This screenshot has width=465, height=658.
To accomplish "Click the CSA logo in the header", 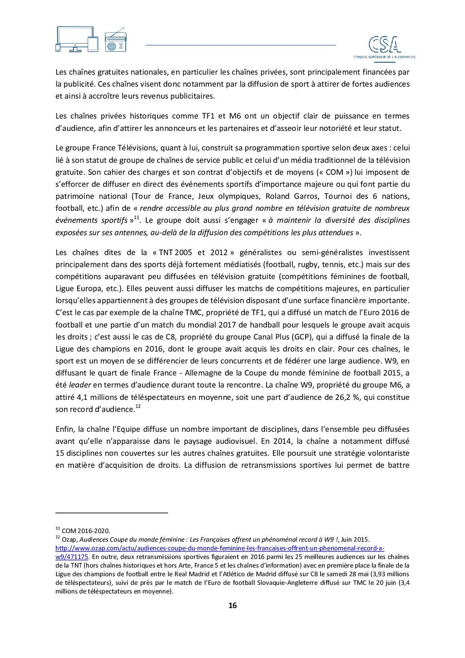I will click(x=385, y=47).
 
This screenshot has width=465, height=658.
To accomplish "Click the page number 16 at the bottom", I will click(x=232, y=605).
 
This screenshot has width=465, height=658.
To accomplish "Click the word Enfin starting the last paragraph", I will click(x=64, y=429).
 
